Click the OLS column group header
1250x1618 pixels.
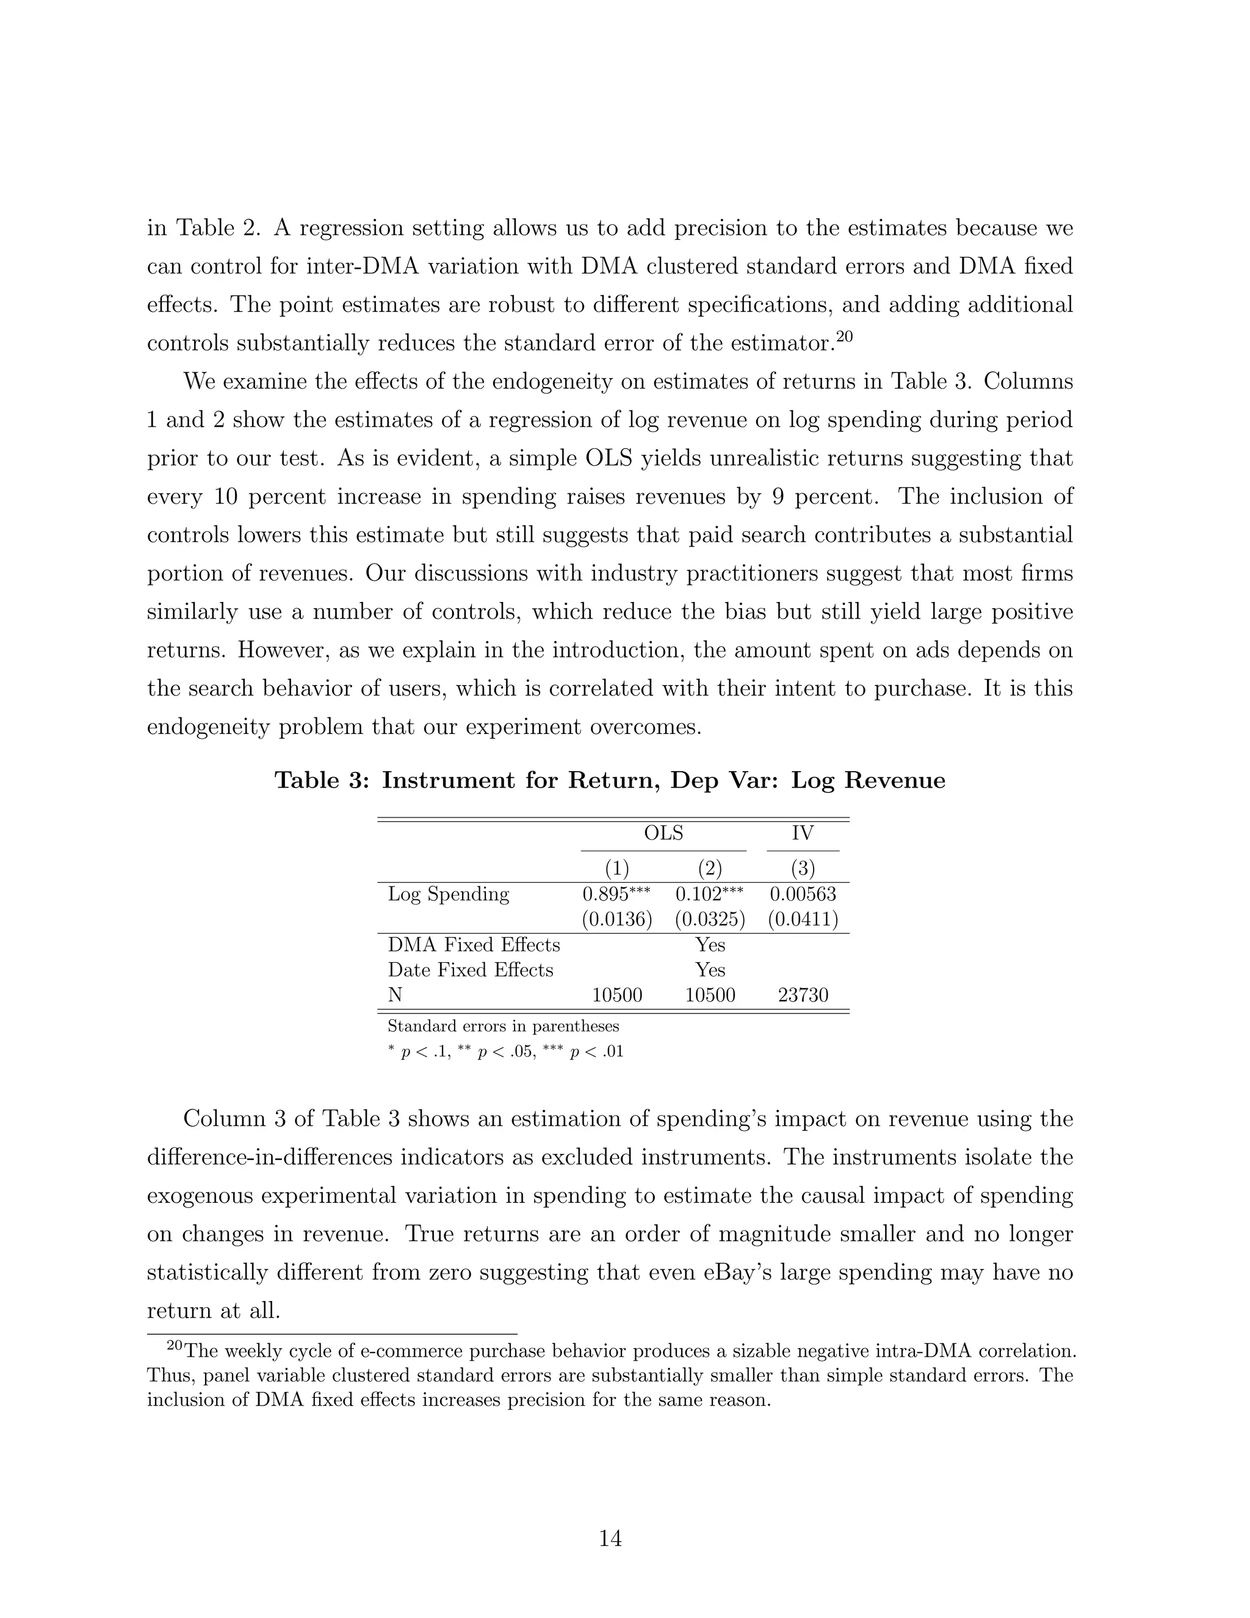(663, 833)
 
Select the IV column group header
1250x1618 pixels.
(802, 833)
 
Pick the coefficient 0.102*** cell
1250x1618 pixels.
(709, 894)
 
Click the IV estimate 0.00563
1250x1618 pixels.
(803, 894)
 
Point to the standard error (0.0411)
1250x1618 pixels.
(803, 920)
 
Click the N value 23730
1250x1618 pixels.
(803, 996)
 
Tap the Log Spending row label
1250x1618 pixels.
(448, 894)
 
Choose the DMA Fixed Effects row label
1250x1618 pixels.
(474, 945)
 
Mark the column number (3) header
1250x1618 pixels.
(803, 868)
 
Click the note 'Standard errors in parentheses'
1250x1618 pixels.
(504, 1027)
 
